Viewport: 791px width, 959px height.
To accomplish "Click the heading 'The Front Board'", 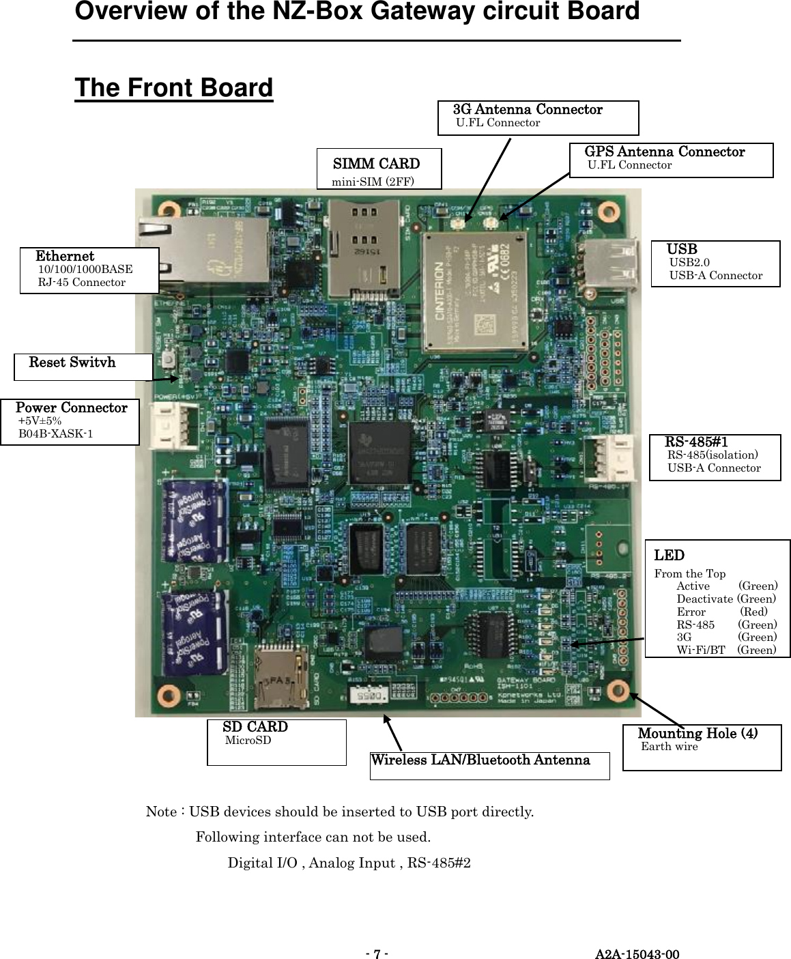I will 173,88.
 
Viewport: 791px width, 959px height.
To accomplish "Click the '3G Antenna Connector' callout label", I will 528,110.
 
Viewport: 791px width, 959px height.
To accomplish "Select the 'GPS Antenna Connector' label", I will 664,152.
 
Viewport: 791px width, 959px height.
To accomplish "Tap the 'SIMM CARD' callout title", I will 376,164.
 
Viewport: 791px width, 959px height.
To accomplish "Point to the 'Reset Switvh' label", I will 72,362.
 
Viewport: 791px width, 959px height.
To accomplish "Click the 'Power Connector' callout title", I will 72,407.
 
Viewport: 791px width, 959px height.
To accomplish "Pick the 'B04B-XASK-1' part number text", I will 56,434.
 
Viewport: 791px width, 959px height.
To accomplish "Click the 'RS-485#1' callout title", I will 696,442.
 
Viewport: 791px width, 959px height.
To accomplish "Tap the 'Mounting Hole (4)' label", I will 697,734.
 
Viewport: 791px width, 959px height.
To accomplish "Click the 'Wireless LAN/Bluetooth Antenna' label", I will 480,760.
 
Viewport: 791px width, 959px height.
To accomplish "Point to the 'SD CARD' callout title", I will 255,727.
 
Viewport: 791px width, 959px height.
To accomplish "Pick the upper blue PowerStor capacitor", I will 195,520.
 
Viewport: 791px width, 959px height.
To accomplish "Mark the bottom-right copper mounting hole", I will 616,688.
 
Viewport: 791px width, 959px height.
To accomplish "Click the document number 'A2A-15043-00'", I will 637,954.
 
